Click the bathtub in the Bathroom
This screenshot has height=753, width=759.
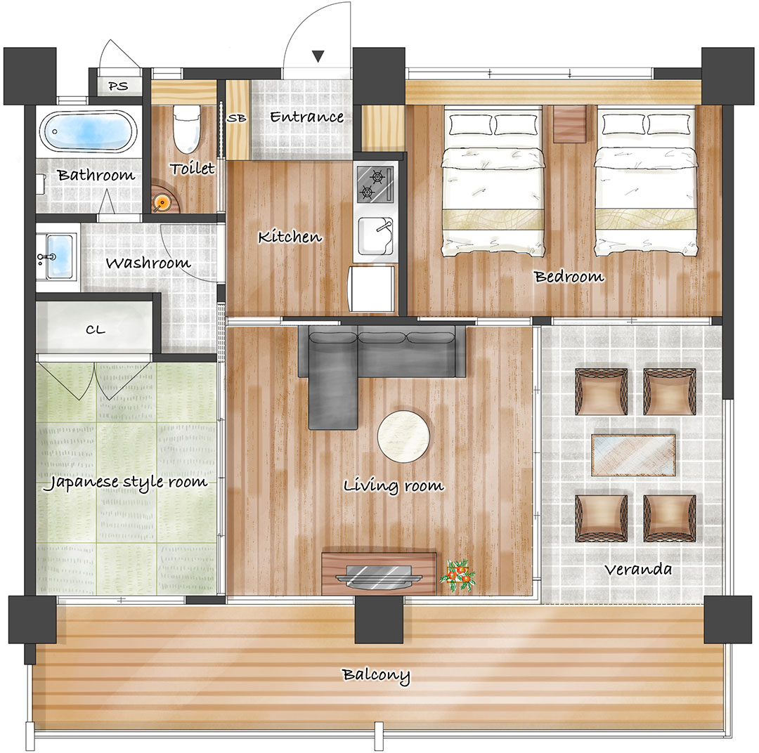[88, 131]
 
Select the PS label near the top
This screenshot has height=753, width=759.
[118, 86]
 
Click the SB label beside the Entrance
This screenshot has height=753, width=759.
[237, 117]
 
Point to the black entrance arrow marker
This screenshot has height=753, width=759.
[318, 56]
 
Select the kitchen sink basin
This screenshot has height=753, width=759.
[375, 236]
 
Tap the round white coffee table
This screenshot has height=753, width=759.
[403, 436]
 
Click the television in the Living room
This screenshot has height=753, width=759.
[379, 577]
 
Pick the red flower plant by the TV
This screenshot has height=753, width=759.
[458, 575]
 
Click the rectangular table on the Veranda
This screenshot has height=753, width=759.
[633, 455]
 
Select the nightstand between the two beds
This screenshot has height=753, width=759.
[569, 124]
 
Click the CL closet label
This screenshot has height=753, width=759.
[96, 330]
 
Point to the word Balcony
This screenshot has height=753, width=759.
[376, 675]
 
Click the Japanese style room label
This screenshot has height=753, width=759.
[125, 483]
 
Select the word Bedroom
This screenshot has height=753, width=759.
[569, 277]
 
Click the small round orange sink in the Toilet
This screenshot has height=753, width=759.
[162, 202]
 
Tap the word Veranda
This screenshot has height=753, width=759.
[638, 570]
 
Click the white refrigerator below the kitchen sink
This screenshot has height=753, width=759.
[372, 289]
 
